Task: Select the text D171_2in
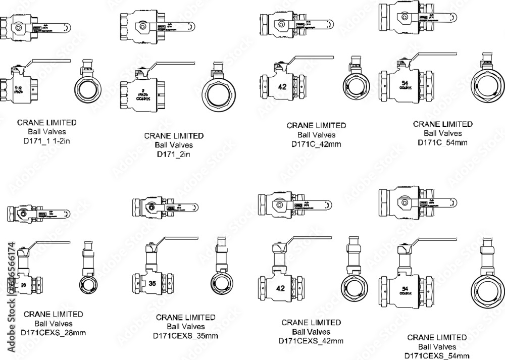coord(174,154)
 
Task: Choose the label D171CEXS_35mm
coord(186,336)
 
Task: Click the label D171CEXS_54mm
coord(436,356)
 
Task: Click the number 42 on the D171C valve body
coord(282,87)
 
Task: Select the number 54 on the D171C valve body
coord(404,83)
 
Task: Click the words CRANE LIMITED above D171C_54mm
coord(442,124)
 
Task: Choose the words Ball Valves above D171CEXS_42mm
coord(311,332)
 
